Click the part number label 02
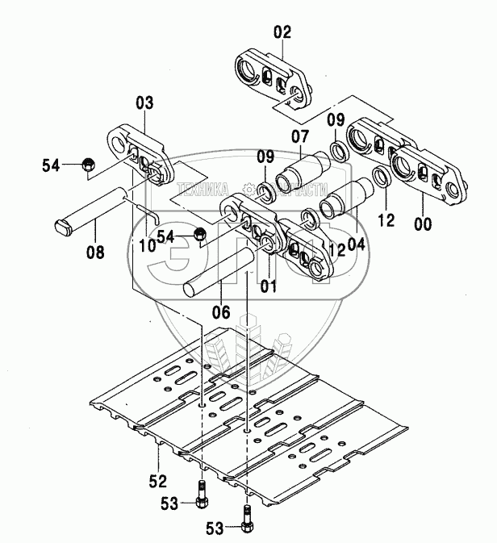(282, 33)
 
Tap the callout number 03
(144, 103)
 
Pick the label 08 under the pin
(94, 253)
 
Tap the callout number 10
(148, 245)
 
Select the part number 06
(220, 312)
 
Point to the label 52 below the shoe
(157, 482)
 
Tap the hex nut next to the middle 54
(200, 235)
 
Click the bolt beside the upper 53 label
(200, 493)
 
